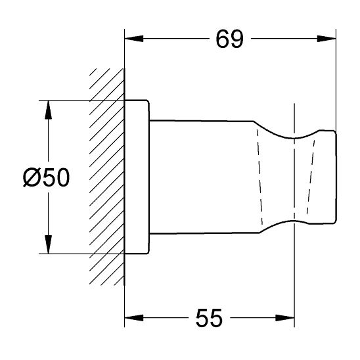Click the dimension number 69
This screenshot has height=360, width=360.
click(229, 39)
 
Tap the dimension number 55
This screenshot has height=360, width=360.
click(209, 318)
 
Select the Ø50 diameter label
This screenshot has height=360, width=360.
click(46, 177)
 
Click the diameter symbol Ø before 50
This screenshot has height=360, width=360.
click(32, 177)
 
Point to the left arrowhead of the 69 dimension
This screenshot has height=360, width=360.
click(134, 39)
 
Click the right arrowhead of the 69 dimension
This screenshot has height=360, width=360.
click(326, 39)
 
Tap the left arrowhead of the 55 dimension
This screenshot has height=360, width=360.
click(134, 318)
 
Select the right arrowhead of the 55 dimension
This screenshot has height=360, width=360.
click(284, 318)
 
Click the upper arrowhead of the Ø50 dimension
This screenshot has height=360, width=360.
click(48, 110)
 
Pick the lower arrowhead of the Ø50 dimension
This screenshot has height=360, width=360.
click(48, 244)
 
